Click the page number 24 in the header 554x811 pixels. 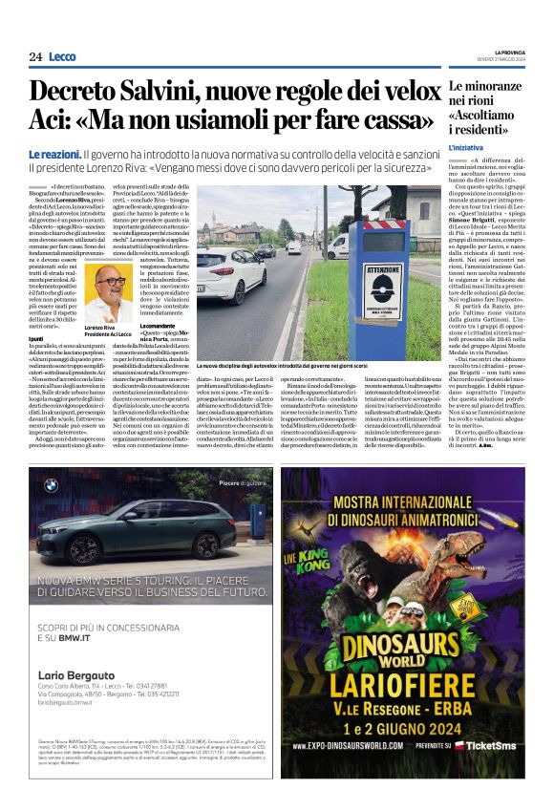35,56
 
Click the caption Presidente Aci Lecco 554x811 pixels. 106,333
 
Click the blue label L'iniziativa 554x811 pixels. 467,148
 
